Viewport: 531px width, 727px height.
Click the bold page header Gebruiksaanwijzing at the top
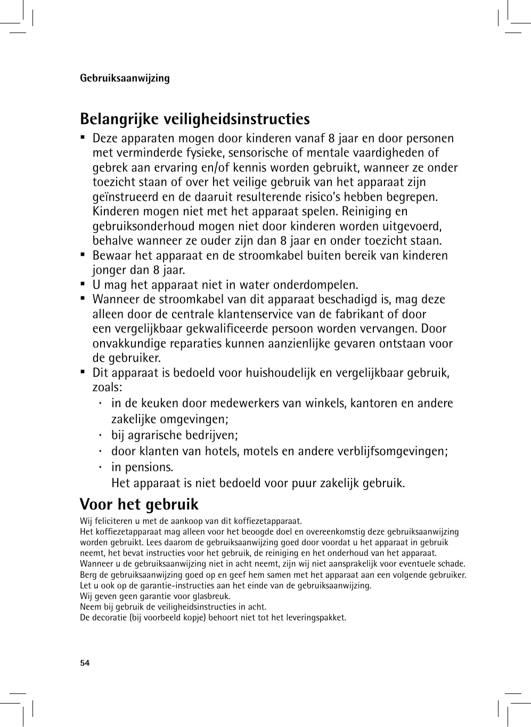125,78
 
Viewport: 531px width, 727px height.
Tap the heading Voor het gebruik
139,504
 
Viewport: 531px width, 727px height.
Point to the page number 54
85,663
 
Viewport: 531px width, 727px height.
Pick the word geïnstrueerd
129,197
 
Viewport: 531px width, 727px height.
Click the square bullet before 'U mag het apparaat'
83,284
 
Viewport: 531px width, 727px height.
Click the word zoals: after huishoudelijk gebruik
107,387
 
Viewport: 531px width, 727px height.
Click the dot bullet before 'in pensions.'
100,466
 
